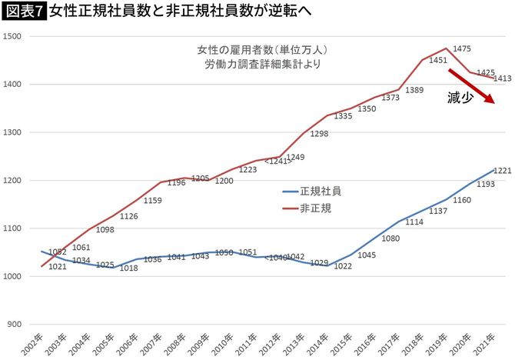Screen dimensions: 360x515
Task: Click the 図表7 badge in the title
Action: (x=23, y=12)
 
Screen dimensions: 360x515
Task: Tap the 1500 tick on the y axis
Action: (x=15, y=36)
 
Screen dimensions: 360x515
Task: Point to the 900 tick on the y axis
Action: (x=17, y=325)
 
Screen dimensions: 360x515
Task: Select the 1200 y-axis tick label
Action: (x=15, y=181)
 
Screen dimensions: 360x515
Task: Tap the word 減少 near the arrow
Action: (x=460, y=98)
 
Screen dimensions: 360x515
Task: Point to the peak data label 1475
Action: (x=463, y=48)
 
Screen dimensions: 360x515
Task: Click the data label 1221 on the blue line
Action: (x=501, y=171)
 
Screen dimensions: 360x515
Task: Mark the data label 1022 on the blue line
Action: (x=342, y=266)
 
